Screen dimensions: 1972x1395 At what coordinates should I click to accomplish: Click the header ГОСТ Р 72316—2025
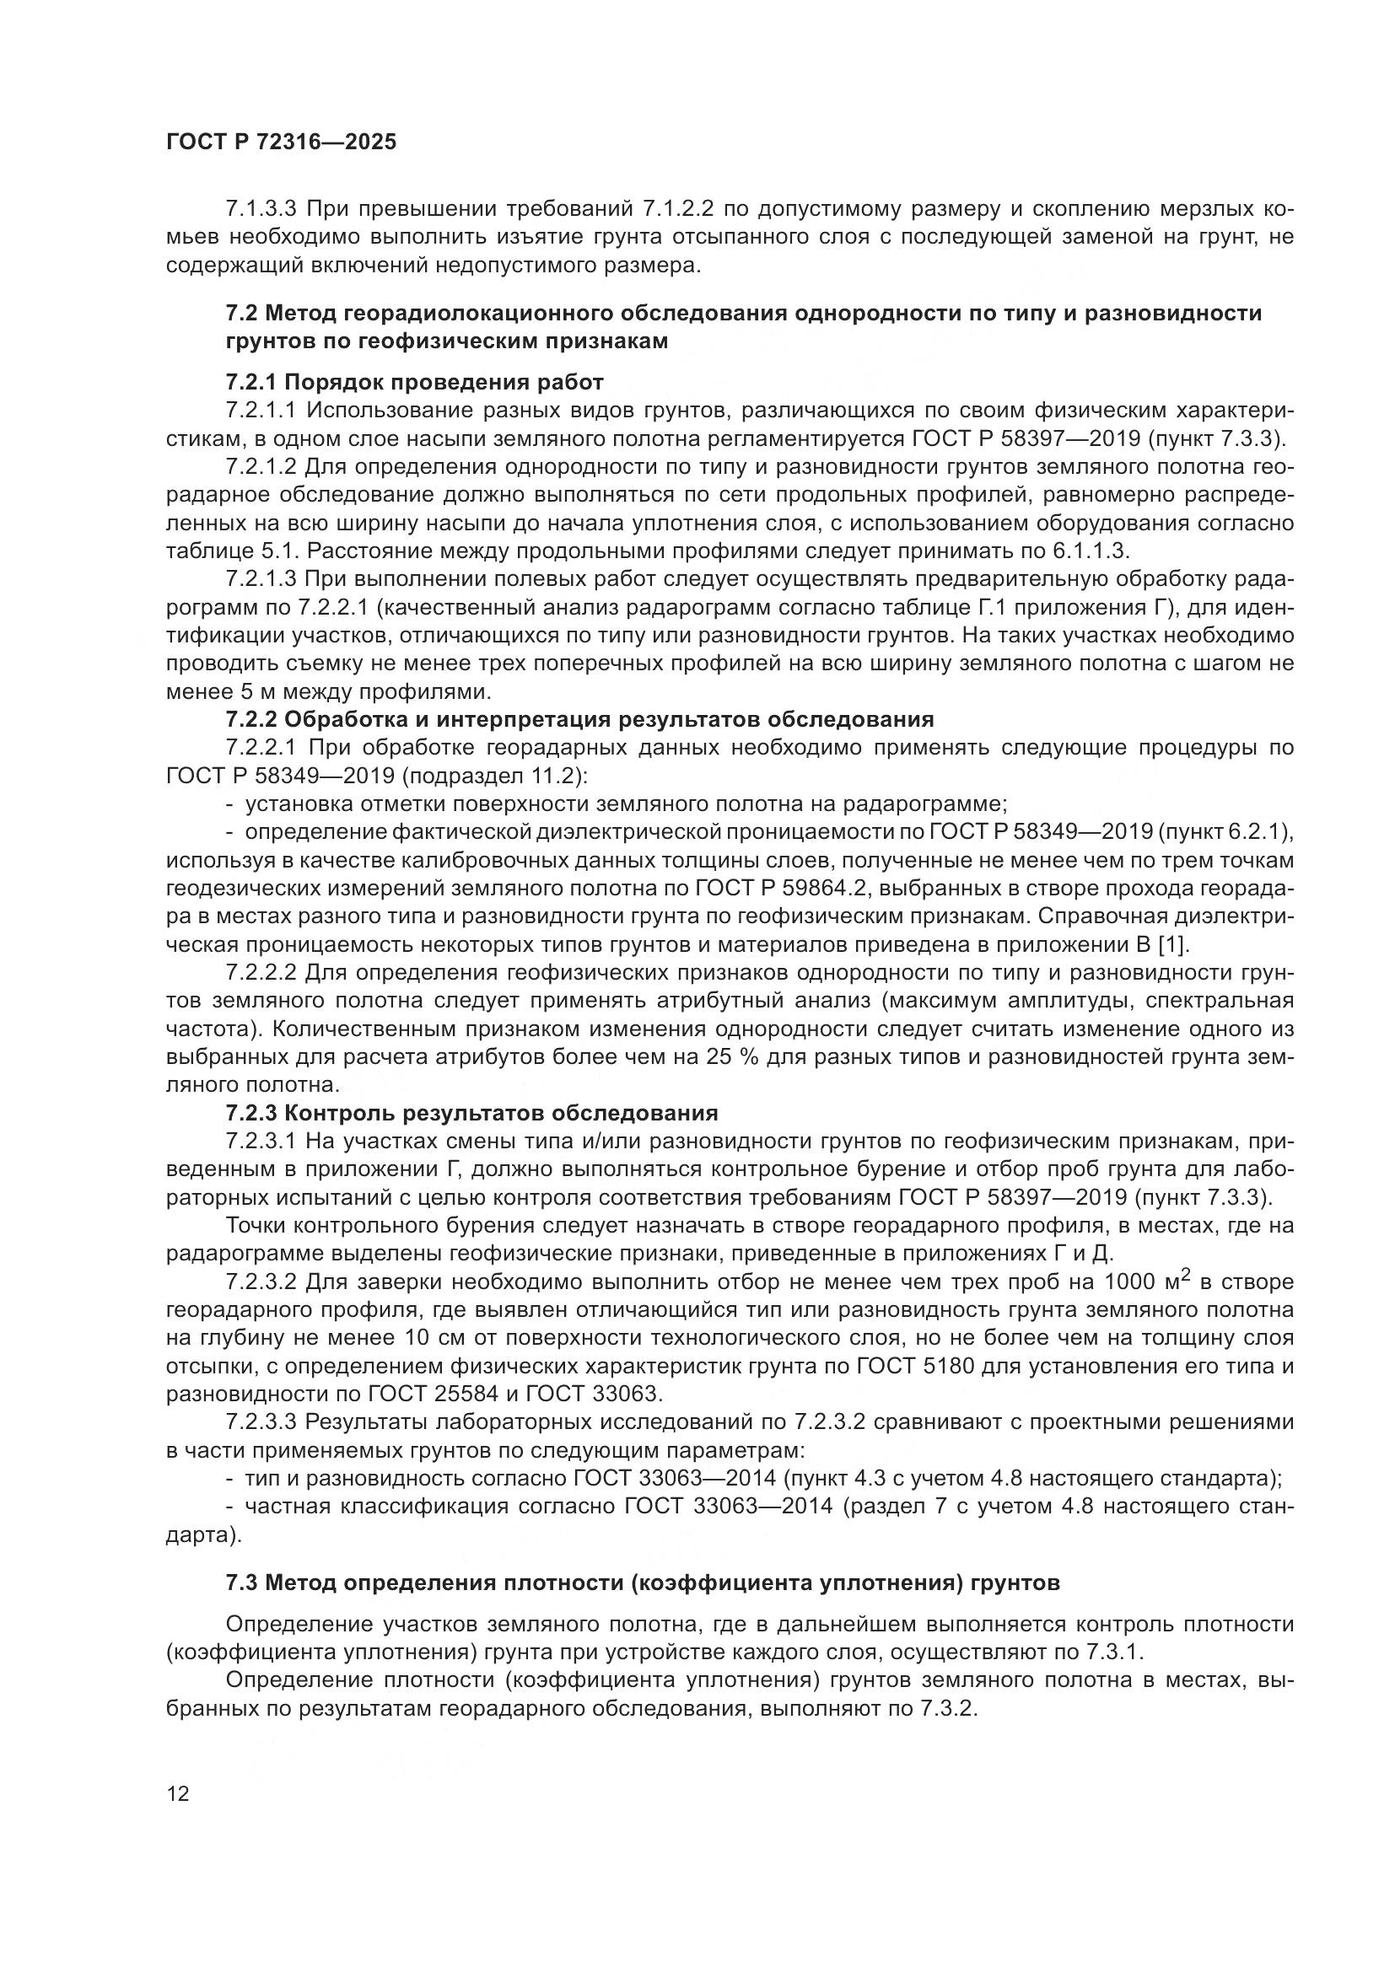click(281, 142)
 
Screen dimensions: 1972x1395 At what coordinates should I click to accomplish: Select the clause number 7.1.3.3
click(261, 210)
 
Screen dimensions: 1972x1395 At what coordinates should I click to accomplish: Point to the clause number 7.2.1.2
click(261, 467)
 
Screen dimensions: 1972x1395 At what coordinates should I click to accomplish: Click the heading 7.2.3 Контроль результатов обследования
click(471, 1114)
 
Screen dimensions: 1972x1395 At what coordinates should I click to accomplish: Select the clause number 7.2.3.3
click(261, 1422)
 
